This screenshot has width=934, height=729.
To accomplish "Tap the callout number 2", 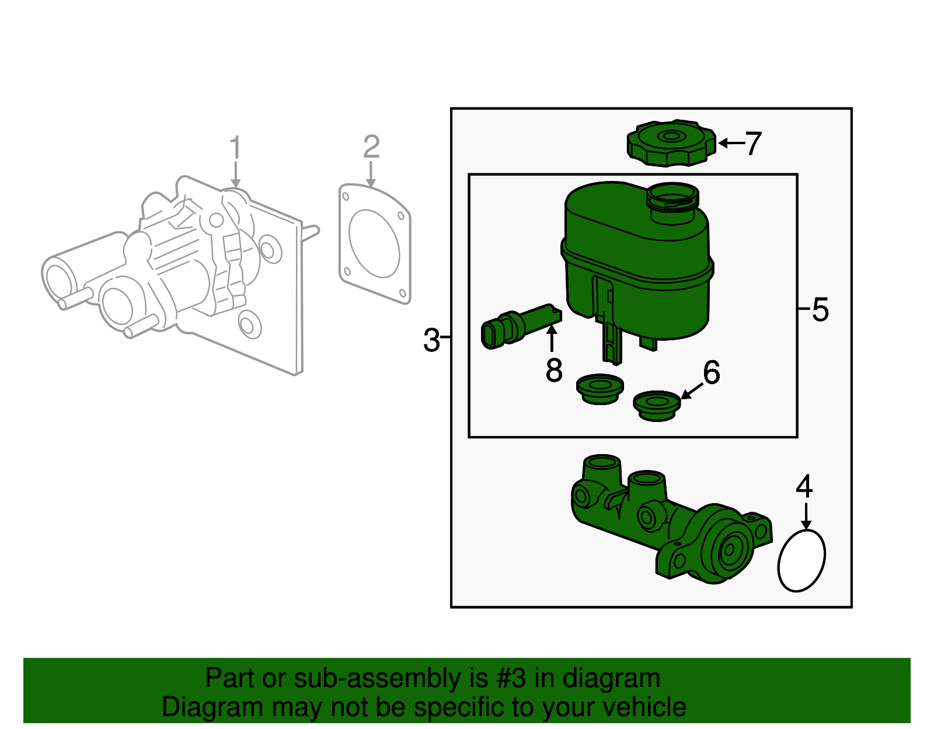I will (x=371, y=147).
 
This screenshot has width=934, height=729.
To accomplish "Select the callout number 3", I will (x=431, y=340).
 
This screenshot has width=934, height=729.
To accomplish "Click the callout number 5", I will (x=820, y=309).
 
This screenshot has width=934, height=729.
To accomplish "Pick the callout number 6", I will (x=712, y=372).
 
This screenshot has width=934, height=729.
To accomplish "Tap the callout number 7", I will (x=754, y=144).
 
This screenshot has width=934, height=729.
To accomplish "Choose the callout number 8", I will (x=554, y=370).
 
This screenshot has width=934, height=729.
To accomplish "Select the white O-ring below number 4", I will (x=802, y=560).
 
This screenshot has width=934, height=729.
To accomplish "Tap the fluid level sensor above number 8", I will (x=520, y=326).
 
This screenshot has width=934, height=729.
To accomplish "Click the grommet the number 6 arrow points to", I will (x=657, y=405).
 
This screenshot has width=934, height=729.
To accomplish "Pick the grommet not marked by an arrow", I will (x=600, y=389).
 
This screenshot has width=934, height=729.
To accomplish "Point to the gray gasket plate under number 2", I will (x=375, y=244).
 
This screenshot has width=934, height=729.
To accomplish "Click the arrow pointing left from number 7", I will (x=731, y=143).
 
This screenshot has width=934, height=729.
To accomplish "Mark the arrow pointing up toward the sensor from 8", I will (x=552, y=339).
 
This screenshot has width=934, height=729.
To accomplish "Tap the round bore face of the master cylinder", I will (x=729, y=550).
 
